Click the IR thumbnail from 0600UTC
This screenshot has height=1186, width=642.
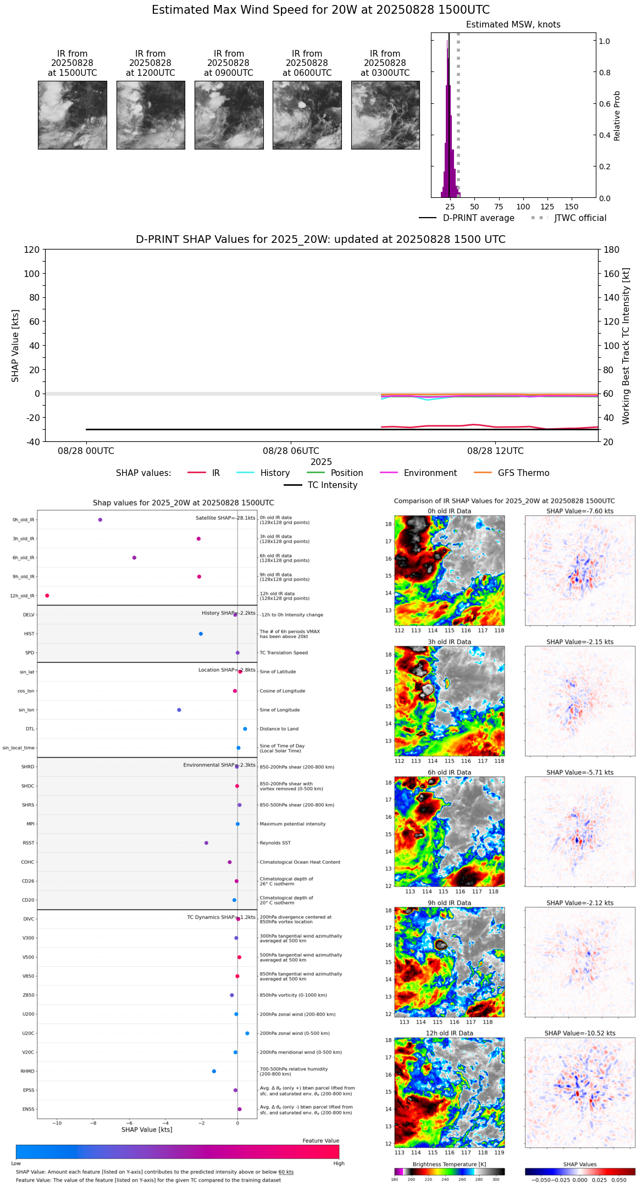(x=307, y=115)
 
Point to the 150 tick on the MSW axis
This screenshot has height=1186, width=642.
(x=572, y=207)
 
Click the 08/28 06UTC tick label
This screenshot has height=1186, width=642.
(x=291, y=451)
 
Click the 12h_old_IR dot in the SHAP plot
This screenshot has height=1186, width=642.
(x=47, y=596)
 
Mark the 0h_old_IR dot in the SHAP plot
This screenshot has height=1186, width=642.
(x=100, y=520)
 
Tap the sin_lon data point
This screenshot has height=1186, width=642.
(x=179, y=710)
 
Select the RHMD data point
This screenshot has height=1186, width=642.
(x=214, y=1071)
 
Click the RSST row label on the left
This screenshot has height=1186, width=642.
(x=28, y=843)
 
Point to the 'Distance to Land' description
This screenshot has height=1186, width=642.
(x=279, y=729)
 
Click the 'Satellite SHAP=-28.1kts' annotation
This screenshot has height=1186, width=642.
(x=225, y=518)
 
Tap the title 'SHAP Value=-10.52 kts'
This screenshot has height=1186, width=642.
(x=580, y=1033)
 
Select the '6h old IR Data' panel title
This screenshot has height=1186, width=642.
(x=449, y=772)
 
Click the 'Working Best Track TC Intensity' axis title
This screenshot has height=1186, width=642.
(x=626, y=346)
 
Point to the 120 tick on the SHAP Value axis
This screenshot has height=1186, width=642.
(x=32, y=250)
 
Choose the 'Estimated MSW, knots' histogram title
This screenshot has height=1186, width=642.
(x=513, y=25)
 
